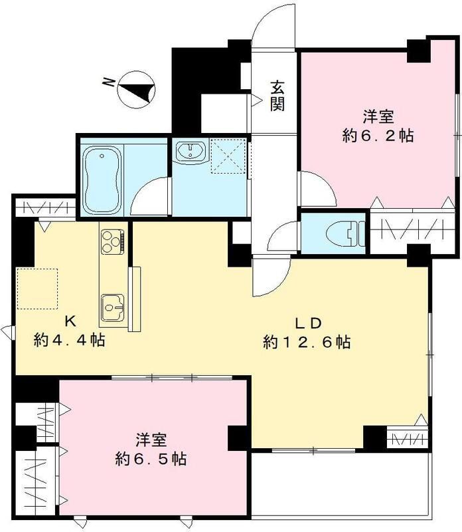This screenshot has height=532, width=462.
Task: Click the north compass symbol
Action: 136,88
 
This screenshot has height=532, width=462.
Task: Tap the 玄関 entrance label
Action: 277,94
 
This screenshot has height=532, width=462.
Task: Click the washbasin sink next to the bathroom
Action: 192,152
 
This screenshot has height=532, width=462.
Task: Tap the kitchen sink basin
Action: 113,307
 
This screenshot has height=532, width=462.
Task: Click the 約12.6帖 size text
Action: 307,342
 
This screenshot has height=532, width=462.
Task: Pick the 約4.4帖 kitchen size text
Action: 69,340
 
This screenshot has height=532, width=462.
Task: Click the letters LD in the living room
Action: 309,323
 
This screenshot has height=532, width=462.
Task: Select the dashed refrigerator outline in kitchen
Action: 38,288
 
